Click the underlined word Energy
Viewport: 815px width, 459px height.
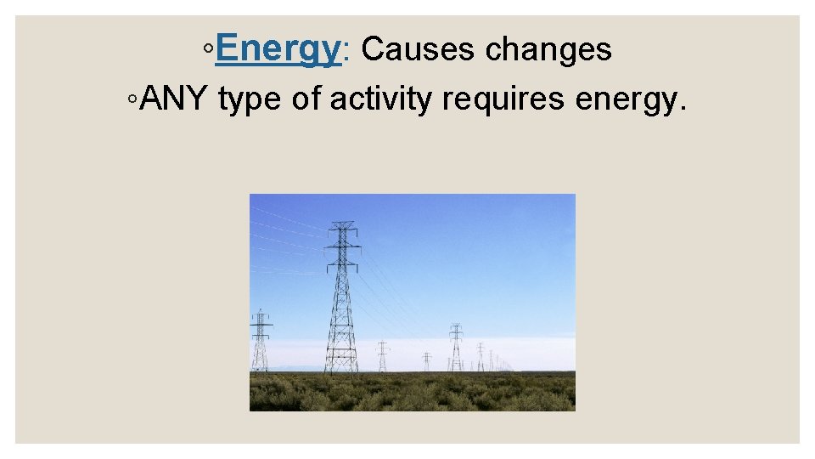278,50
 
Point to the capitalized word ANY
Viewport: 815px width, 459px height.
175,99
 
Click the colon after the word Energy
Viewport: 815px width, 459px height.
344,54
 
